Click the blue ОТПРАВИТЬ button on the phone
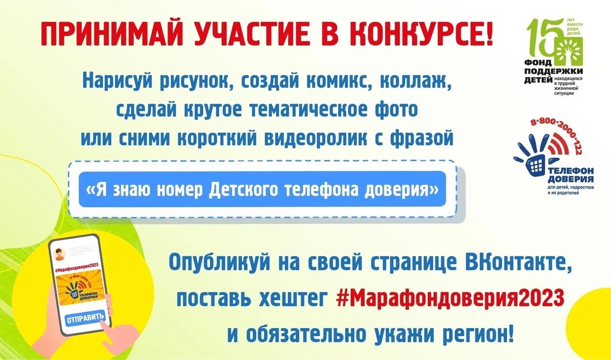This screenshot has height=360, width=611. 85,318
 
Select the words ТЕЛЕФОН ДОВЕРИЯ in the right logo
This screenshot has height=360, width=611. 570,174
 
